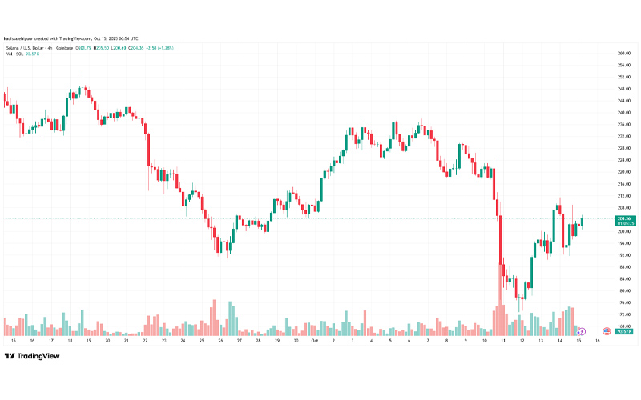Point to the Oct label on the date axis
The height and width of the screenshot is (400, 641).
(x=314, y=340)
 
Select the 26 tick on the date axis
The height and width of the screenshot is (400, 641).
(x=220, y=340)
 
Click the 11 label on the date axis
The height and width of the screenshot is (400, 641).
(x=503, y=340)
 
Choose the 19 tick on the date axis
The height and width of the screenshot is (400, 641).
(x=88, y=340)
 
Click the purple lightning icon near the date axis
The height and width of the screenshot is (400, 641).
(x=583, y=331)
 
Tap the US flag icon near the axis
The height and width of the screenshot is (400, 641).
(x=607, y=331)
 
